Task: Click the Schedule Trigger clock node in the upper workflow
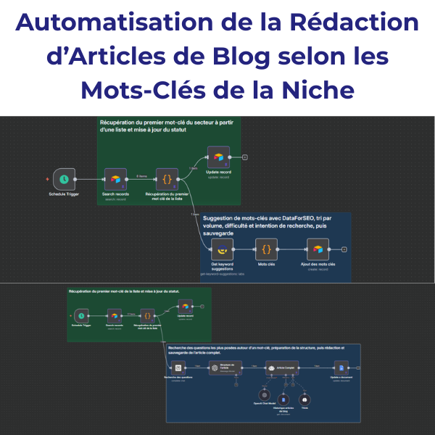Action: pyautogui.click(x=65, y=178)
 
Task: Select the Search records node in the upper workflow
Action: pyautogui.click(x=115, y=178)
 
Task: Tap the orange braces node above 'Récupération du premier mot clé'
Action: pyautogui.click(x=167, y=178)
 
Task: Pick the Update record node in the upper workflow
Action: pyautogui.click(x=217, y=157)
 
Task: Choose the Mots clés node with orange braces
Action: pyautogui.click(x=266, y=250)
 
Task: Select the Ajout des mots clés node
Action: pyautogui.click(x=318, y=250)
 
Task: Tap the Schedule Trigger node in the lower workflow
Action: pyautogui.click(x=81, y=315)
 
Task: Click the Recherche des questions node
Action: pyautogui.click(x=178, y=368)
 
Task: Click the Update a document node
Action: pyautogui.click(x=340, y=368)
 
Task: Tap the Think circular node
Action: pyautogui.click(x=305, y=399)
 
